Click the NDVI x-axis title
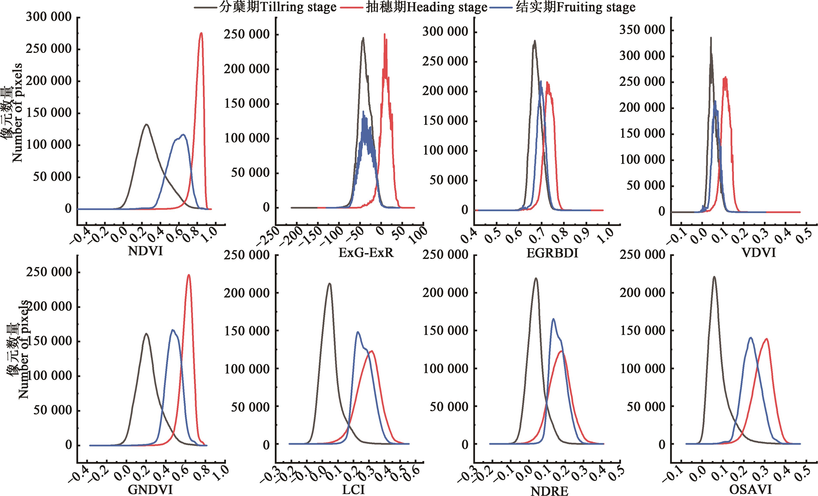pos(145,251)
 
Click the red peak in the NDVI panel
pos(201,33)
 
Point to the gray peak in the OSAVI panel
pos(714,277)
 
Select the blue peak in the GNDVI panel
pos(172,330)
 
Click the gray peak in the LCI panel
pos(329,283)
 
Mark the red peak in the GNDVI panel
pos(189,275)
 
